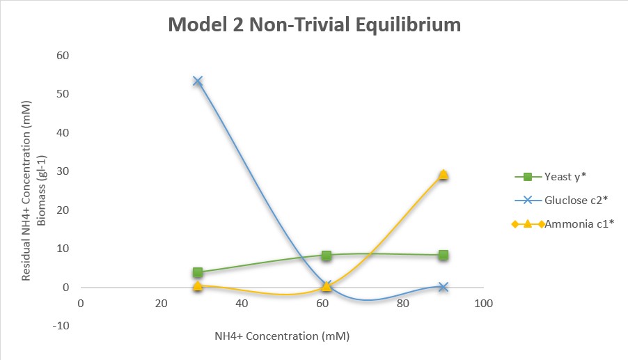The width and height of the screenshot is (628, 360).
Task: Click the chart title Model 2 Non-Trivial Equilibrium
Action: pos(314,25)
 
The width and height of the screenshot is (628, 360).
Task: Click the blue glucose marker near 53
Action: pos(198,81)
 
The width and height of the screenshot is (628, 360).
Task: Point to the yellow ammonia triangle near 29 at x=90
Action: pos(443,175)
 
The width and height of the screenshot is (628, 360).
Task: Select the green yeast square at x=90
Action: pos(443,255)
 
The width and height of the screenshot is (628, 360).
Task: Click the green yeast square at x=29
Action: pos(198,272)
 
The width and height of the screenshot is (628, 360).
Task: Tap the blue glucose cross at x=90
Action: pos(443,287)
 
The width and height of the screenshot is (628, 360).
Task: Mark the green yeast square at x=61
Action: pos(326,255)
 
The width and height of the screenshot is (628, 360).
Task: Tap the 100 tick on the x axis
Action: pos(483,304)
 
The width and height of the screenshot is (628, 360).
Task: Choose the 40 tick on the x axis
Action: pos(242,304)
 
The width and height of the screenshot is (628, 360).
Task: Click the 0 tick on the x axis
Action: pos(81,304)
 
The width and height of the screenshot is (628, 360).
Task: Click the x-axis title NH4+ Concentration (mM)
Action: pos(281,336)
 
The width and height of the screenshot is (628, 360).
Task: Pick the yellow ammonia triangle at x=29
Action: pos(198,285)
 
